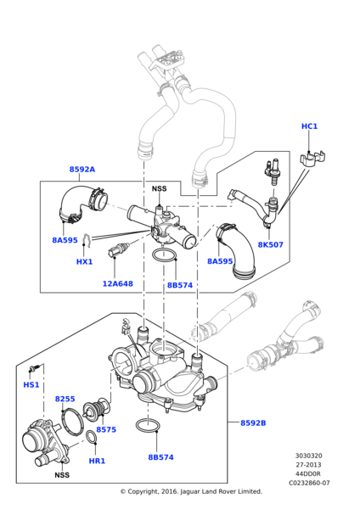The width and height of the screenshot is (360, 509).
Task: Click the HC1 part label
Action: click(309, 126)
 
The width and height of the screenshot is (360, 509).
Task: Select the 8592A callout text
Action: click(82, 170)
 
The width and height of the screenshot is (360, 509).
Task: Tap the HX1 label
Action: click(84, 262)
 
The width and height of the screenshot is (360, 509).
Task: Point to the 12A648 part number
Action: click(118, 283)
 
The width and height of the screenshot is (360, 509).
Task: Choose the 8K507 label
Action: click(270, 245)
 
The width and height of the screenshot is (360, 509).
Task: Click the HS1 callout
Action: click(31, 385)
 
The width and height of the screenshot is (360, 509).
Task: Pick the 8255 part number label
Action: click(65, 399)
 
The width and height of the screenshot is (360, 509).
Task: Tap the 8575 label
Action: click(106, 430)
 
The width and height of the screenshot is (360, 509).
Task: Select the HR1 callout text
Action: click(97, 461)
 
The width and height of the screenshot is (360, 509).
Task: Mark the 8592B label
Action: click(252, 422)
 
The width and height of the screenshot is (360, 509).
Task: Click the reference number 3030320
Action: click(309, 456)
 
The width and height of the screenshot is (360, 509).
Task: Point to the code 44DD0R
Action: click(309, 473)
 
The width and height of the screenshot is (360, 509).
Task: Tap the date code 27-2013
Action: click(309, 464)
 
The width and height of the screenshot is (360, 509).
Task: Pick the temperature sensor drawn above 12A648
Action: click(117, 251)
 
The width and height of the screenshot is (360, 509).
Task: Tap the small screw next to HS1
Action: click(35, 368)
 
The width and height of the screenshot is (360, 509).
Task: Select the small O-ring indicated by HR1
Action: click(91, 438)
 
